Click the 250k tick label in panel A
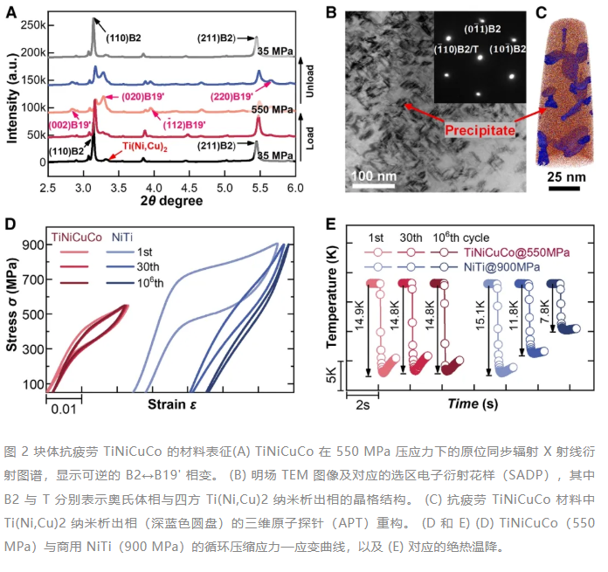point(32,25)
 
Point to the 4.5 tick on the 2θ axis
point(190,189)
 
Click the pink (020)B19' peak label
point(143,96)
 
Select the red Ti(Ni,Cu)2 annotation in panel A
point(145,147)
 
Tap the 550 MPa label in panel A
point(272,110)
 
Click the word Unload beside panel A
point(309,81)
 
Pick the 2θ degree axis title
point(171,201)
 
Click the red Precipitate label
point(480,130)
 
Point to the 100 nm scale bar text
point(373,176)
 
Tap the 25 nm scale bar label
point(566,177)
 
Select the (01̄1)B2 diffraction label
point(482,29)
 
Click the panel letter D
point(10,224)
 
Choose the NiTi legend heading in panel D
point(122,238)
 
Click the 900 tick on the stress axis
point(33,245)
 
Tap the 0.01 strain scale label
point(64,409)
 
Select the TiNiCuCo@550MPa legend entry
point(516,252)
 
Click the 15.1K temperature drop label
point(480,315)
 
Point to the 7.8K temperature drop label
point(545,311)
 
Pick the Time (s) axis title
point(473,403)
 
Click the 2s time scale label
point(363,405)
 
